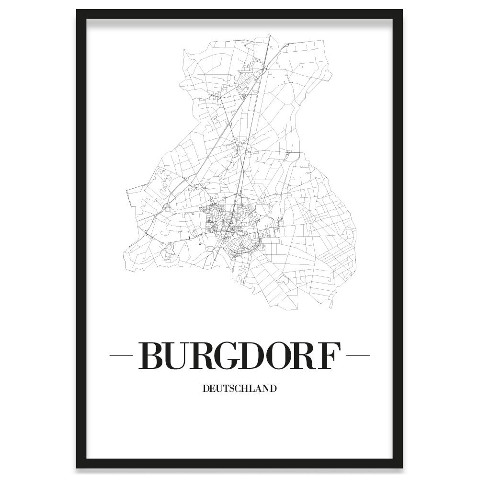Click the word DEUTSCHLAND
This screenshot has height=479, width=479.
[239, 388]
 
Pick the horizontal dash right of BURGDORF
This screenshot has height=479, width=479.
[358, 355]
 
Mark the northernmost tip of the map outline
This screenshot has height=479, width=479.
[270, 34]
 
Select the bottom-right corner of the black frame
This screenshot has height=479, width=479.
[401, 467]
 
